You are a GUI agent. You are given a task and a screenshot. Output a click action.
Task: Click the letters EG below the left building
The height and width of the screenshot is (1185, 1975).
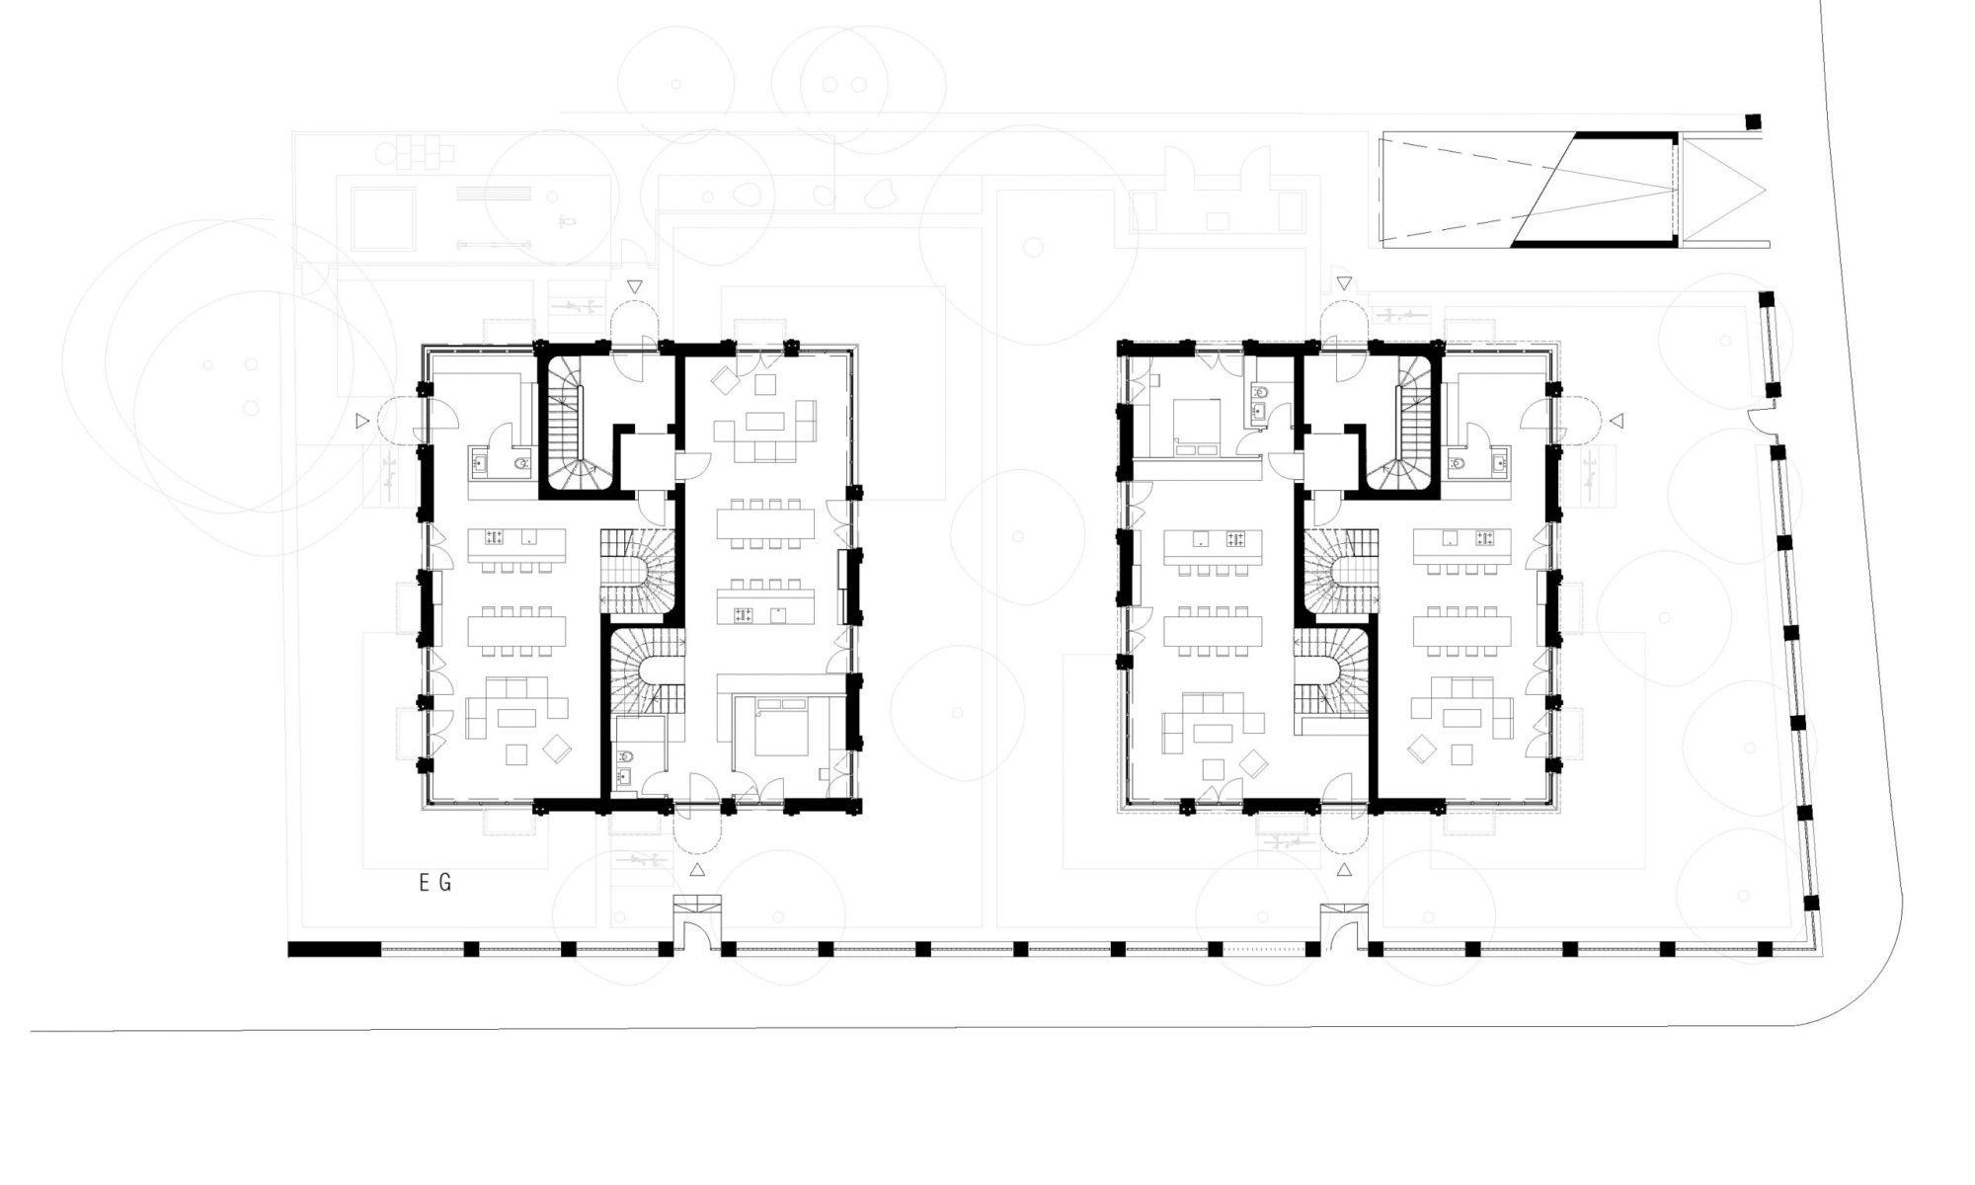point(434,883)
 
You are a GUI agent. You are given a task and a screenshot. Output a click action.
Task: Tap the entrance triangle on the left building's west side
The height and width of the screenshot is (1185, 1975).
point(362,422)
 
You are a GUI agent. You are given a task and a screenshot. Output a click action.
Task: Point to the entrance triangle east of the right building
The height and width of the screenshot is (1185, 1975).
point(1617,422)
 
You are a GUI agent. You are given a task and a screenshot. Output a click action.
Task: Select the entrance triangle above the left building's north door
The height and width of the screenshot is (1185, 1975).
point(635,286)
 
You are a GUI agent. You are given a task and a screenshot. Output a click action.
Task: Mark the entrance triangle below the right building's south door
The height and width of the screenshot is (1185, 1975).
point(1344,869)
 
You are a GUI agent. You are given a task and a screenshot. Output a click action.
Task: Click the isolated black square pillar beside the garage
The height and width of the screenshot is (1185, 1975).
point(1753,122)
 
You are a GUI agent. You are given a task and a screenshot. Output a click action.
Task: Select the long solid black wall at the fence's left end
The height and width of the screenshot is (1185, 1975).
point(334,949)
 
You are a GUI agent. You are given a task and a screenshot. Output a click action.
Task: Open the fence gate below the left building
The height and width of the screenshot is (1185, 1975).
point(697,924)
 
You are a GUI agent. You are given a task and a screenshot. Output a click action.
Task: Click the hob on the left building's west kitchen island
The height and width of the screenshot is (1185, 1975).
point(495,538)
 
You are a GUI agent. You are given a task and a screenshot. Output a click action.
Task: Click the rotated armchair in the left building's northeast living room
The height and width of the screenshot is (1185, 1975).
point(725,378)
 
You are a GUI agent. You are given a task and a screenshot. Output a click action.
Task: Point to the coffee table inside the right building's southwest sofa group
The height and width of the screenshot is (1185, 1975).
point(1214,732)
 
